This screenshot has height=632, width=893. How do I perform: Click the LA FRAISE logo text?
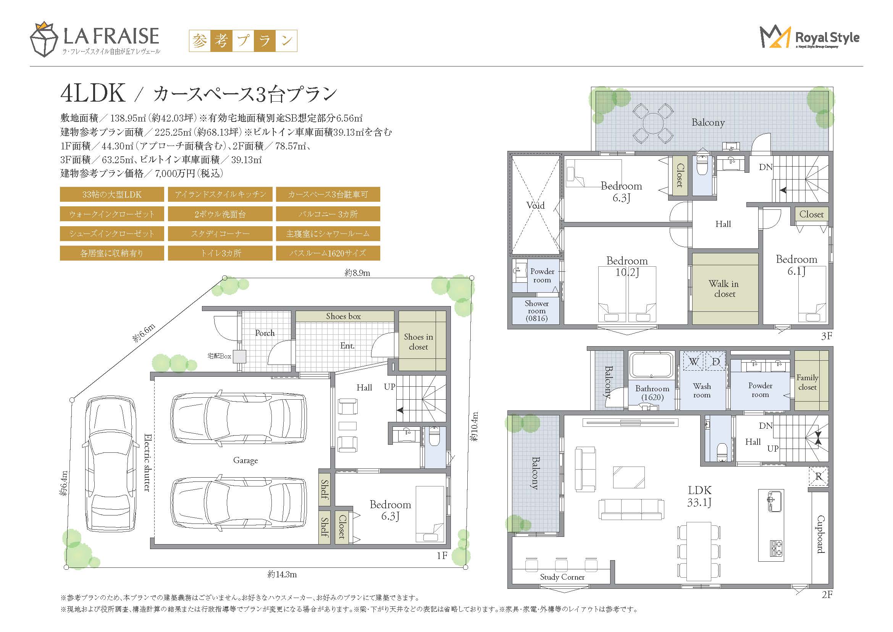point(111,36)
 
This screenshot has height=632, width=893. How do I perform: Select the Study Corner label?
point(562,577)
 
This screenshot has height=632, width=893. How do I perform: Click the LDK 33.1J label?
point(699,496)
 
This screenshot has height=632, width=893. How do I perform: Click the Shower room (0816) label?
point(537,311)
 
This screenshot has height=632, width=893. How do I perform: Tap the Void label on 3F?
point(536,206)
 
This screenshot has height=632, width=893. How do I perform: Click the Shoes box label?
point(344,316)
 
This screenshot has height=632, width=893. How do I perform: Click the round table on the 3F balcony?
point(653,123)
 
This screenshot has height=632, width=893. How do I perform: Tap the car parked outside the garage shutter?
point(110,465)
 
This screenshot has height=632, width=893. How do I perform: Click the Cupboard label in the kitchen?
point(820,534)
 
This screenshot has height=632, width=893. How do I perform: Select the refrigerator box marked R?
point(819,476)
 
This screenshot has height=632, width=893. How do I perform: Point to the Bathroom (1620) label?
point(652,393)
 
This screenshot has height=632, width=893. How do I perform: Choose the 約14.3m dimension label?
point(282,574)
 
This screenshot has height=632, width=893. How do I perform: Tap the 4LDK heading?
point(93,93)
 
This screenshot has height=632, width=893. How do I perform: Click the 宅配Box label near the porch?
point(220,356)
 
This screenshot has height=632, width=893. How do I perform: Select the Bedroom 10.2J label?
point(627,267)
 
